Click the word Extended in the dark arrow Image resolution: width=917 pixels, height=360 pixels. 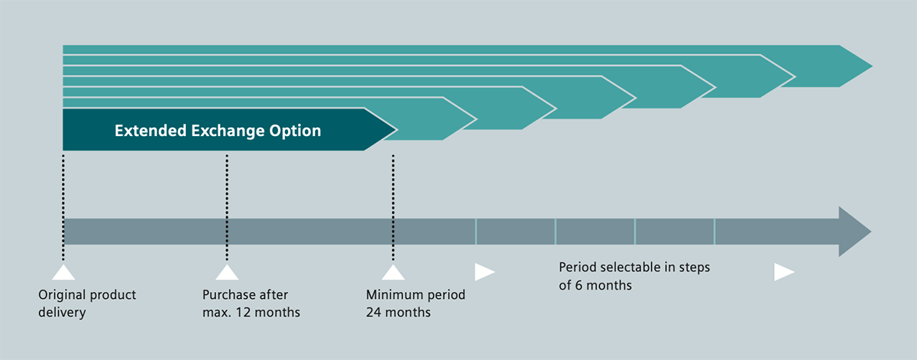click(x=151, y=131)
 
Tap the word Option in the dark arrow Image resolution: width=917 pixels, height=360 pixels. click(x=295, y=131)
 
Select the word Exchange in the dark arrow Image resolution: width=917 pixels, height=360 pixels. click(x=228, y=131)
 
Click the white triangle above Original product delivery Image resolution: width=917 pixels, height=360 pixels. click(x=63, y=272)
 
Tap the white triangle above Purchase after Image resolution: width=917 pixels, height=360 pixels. click(x=227, y=272)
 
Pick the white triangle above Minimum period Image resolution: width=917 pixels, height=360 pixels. click(x=394, y=272)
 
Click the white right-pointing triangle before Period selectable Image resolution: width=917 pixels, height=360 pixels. click(x=484, y=272)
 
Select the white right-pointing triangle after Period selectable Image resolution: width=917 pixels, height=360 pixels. click(x=784, y=272)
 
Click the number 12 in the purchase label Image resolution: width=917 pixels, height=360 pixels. click(x=243, y=313)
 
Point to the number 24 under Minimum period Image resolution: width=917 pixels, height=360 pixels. click(x=374, y=313)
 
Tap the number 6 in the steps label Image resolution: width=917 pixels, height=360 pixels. click(x=578, y=285)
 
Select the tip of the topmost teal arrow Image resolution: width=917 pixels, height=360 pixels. click(x=873, y=66)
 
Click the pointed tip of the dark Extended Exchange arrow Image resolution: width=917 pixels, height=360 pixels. click(x=397, y=129)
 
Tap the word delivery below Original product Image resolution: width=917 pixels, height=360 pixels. click(x=62, y=313)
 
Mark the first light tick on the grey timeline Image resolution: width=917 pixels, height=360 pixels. click(x=476, y=232)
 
